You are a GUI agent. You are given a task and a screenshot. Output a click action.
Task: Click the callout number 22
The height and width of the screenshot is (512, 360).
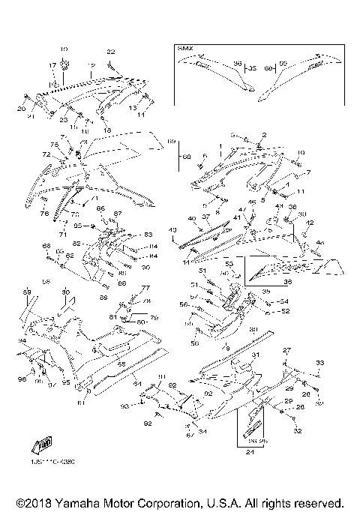tap(110, 51)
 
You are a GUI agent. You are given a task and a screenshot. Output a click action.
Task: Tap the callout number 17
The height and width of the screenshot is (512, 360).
tap(53, 65)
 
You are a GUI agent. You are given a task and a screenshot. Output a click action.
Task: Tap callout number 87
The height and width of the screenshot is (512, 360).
tap(118, 214)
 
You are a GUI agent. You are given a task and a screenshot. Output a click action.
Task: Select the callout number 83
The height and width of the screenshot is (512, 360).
tap(148, 235)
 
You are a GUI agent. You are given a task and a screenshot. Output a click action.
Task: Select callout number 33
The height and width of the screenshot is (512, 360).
tap(319, 362)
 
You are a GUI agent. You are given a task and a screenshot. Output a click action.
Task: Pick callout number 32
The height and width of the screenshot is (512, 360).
tap(298, 432)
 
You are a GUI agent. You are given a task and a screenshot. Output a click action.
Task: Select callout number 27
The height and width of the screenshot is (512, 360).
tap(286, 351)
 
